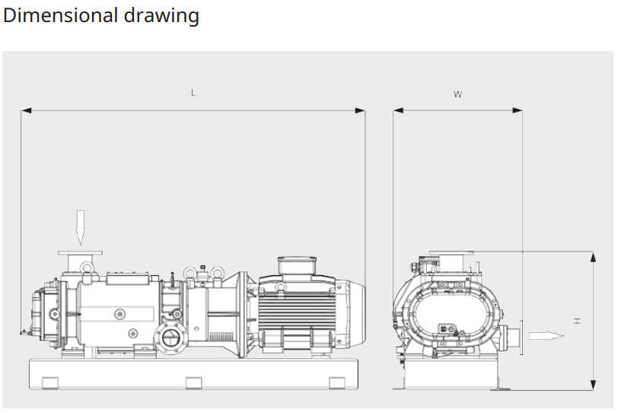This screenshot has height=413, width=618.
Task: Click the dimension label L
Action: tap(193, 93)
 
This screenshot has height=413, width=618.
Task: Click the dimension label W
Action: tap(457, 94)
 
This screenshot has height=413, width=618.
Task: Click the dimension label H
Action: tap(578, 321)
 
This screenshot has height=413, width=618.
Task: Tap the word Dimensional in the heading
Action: tap(59, 15)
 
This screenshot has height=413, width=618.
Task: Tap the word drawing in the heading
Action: tap(161, 17)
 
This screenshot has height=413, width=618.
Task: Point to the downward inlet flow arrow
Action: tap(81, 228)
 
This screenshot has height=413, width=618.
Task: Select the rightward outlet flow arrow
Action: tap(546, 336)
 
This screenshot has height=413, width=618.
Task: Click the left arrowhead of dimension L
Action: tap(26, 110)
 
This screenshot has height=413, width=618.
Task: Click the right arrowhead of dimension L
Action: tap(360, 110)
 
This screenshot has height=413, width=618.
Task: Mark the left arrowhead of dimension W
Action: tap(398, 110)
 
